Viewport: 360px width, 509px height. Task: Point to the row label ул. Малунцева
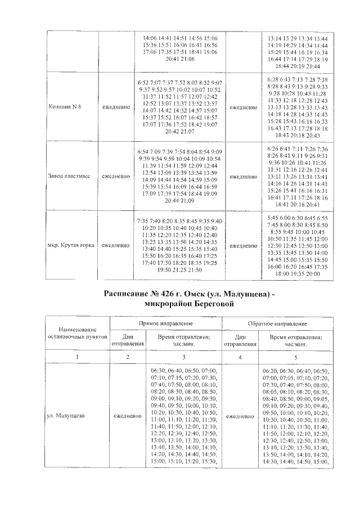point(66,416)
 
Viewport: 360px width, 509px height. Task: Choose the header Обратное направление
point(277,325)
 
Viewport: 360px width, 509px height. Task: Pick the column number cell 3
point(184,357)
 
